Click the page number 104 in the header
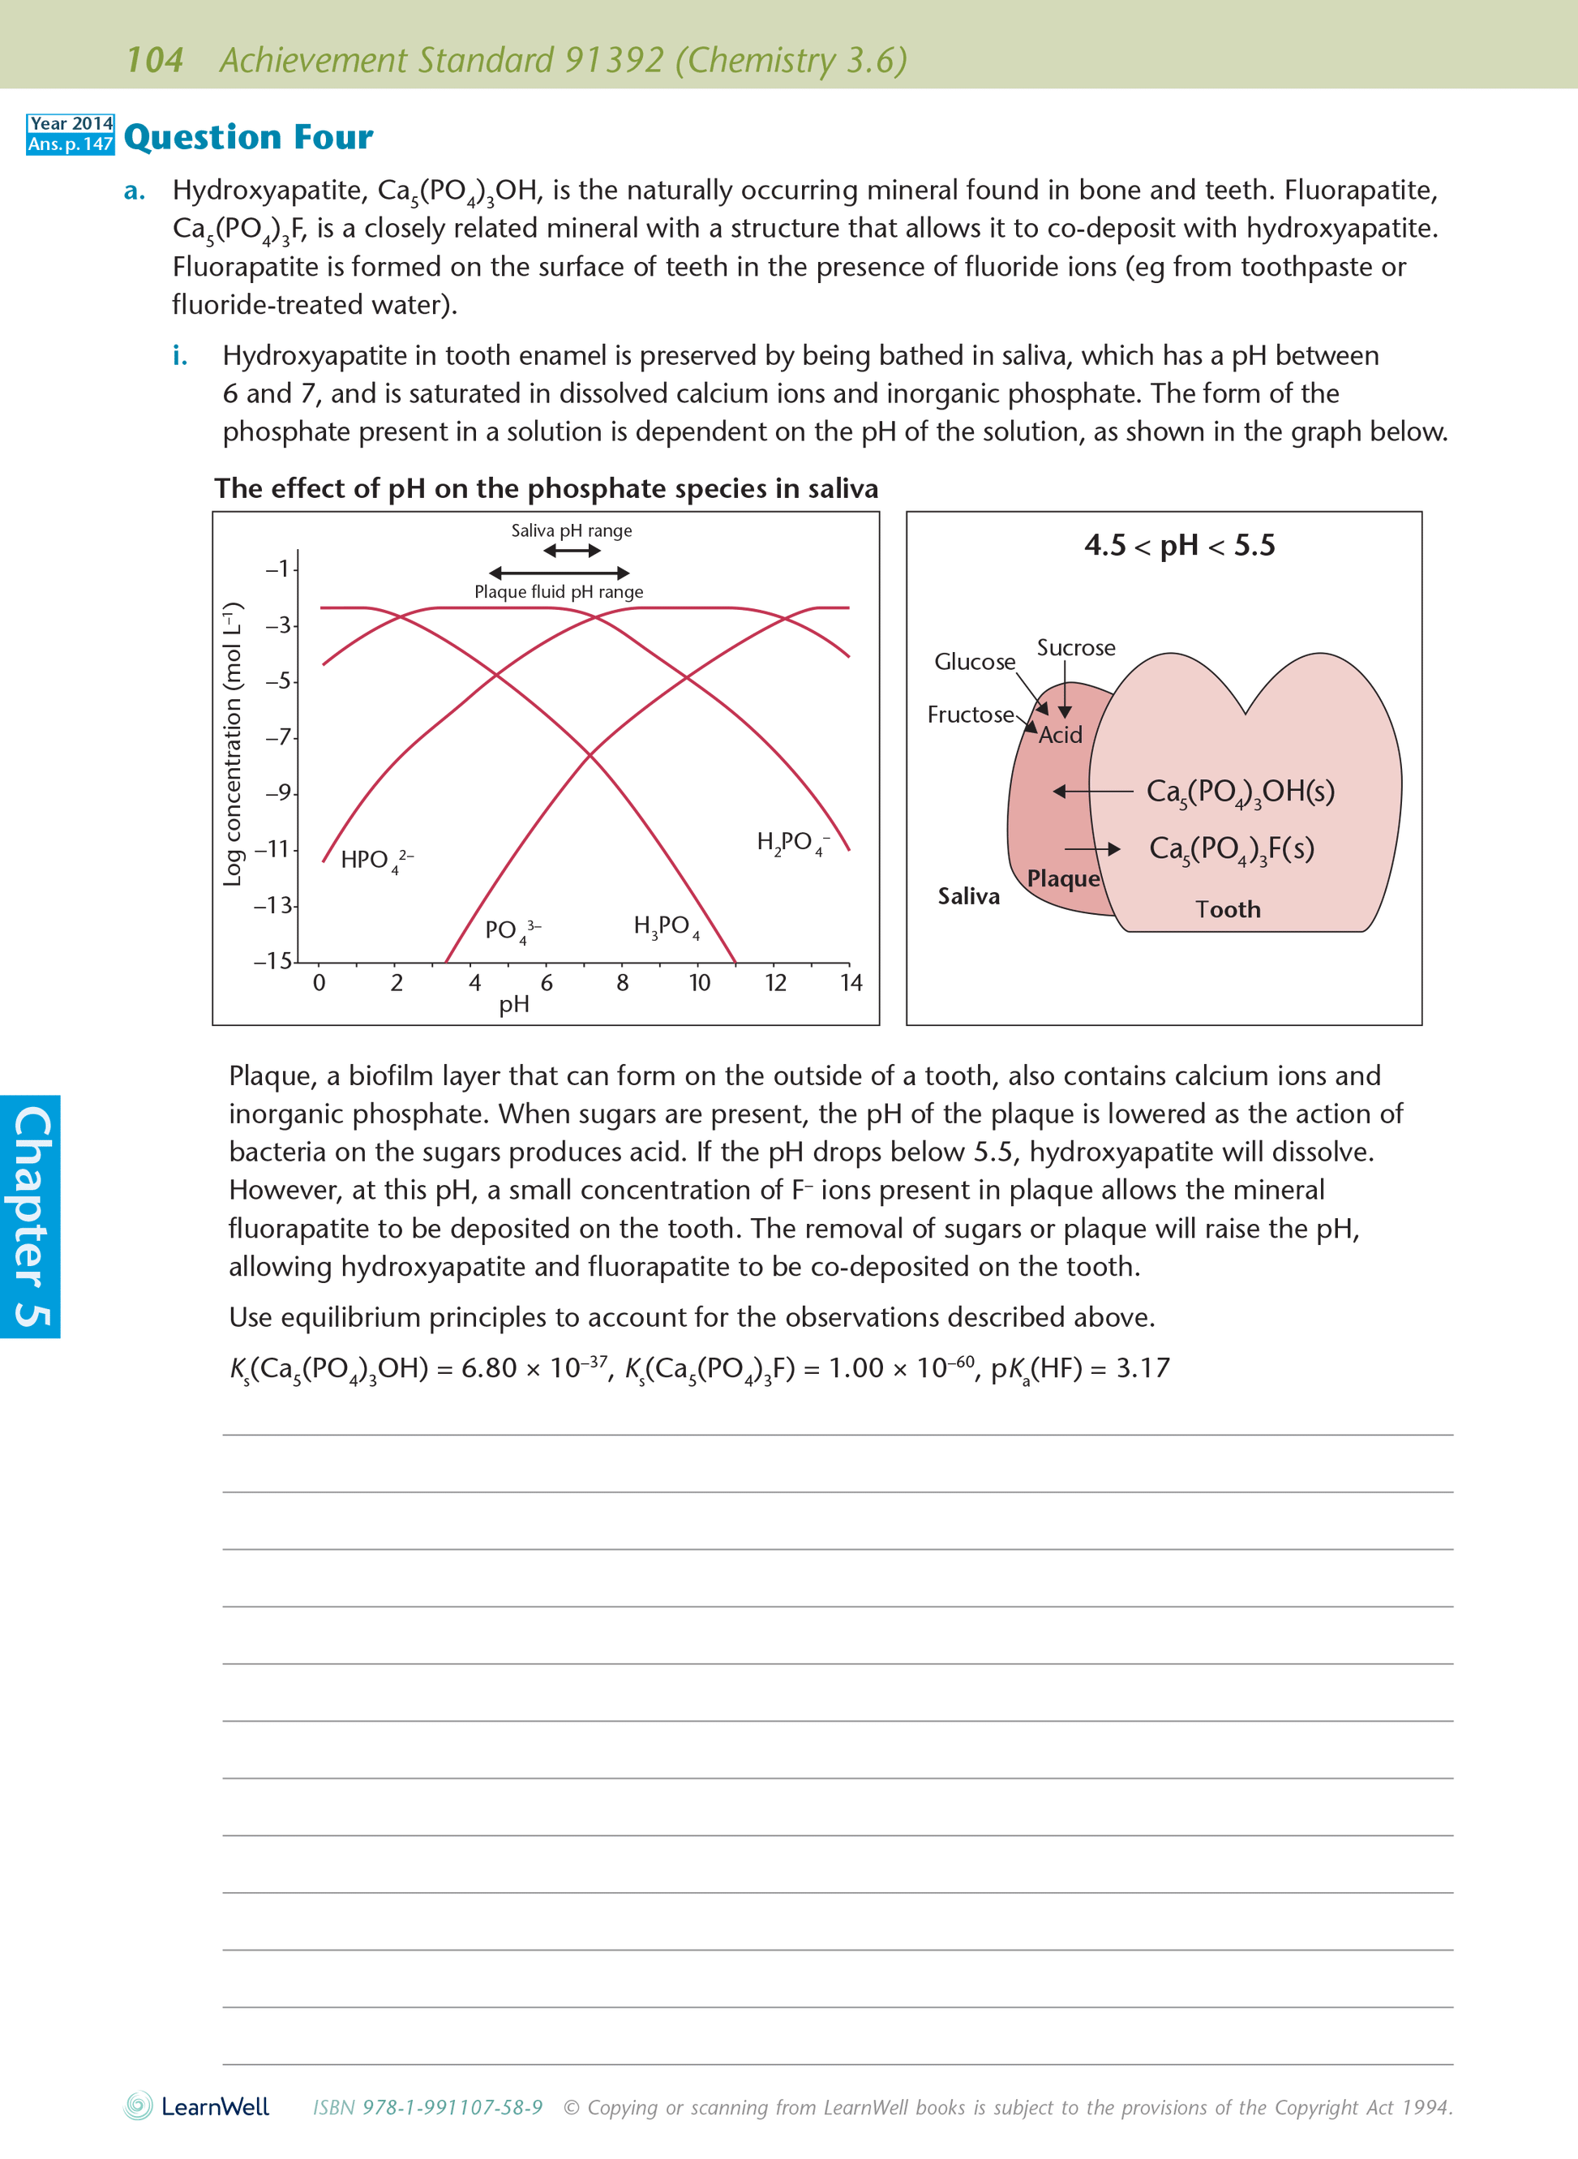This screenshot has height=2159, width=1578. [x=154, y=60]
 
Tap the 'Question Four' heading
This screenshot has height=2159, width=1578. [x=248, y=138]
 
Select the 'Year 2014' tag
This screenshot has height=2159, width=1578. [x=71, y=124]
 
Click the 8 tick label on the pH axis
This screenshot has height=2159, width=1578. [x=623, y=983]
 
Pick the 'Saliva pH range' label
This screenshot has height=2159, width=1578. [x=571, y=530]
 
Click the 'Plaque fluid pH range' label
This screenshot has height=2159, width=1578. [x=559, y=591]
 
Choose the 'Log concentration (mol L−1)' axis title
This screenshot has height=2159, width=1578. [x=232, y=745]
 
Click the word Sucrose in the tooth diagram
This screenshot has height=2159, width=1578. [x=1075, y=648]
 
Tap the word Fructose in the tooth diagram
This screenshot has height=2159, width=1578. [x=970, y=715]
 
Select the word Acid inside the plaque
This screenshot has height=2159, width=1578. [x=1061, y=735]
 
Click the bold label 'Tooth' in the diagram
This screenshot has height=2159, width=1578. [x=1228, y=909]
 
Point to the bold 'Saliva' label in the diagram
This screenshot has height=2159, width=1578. [x=968, y=896]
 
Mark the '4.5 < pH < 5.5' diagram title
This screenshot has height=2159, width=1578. [x=1180, y=546]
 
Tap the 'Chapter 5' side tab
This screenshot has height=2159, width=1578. [x=31, y=1216]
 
